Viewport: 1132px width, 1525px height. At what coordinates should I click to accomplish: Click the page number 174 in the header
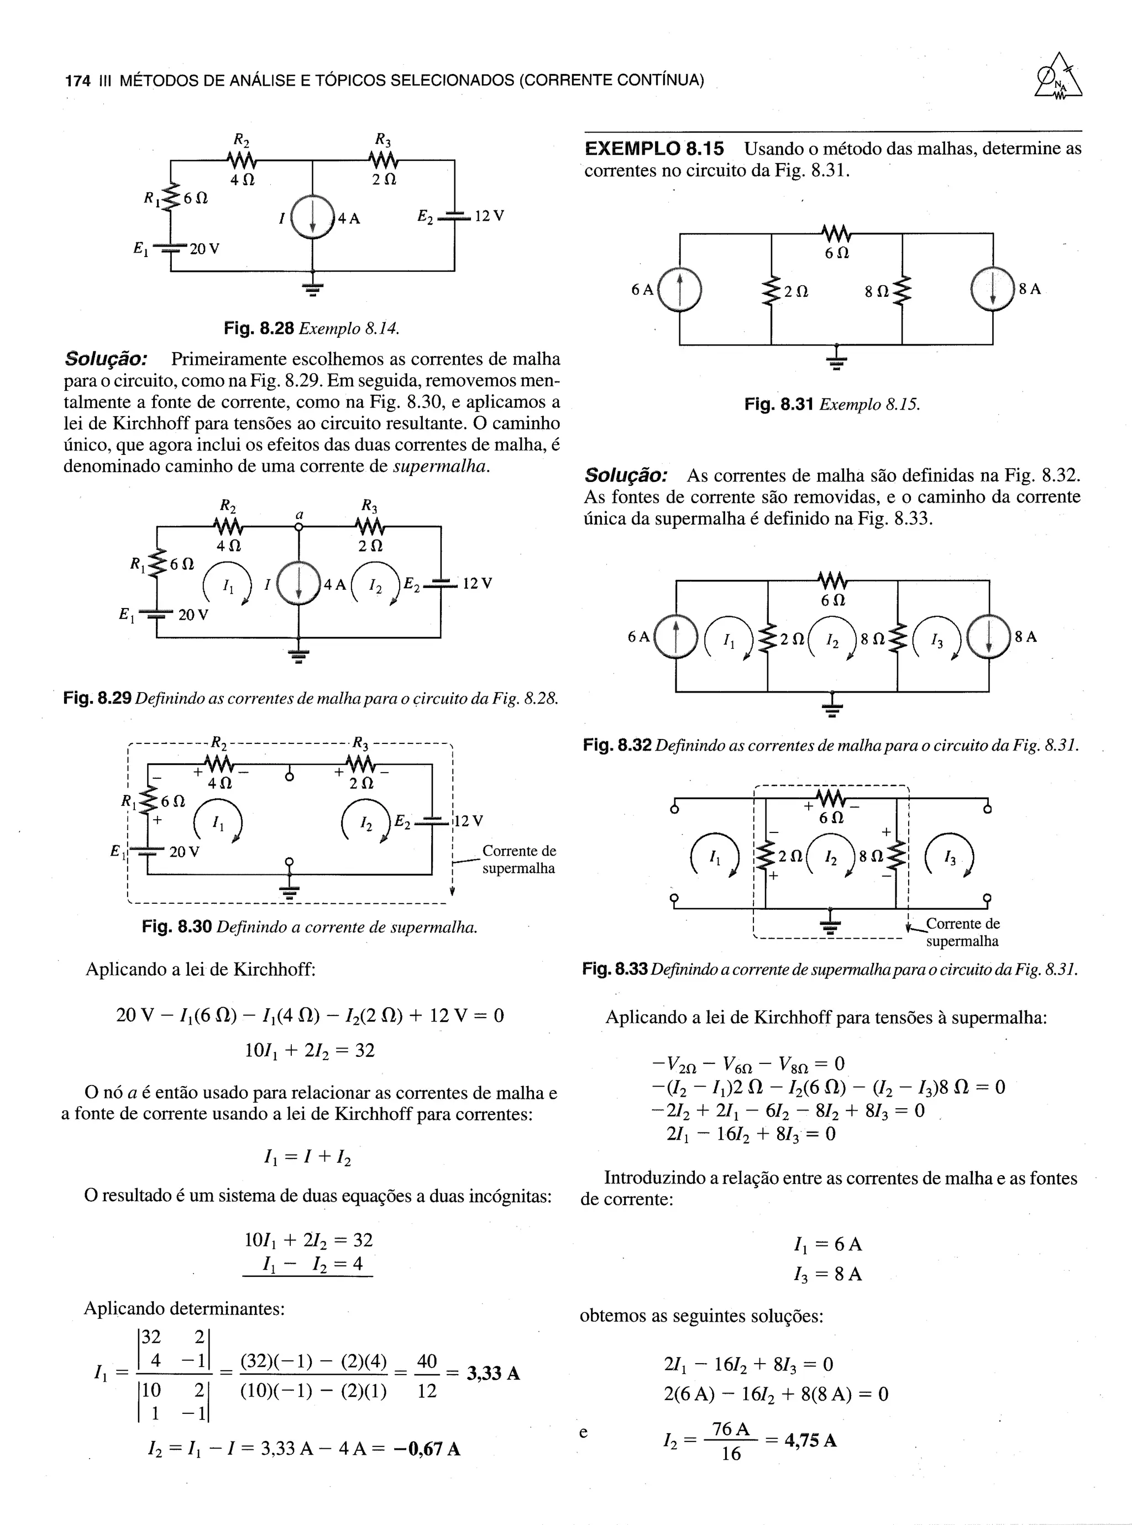pos(77,81)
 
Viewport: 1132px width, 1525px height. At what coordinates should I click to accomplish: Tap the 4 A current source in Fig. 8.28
pos(312,217)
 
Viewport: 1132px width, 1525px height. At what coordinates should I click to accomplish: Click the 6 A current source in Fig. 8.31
pos(680,289)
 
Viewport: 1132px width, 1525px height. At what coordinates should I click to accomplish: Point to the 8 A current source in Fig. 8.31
pos(992,289)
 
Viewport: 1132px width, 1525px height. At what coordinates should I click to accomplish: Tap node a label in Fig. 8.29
pos(299,515)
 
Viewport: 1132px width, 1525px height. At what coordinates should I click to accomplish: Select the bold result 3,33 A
pos(492,1374)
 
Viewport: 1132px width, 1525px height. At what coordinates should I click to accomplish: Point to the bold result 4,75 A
pos(811,1439)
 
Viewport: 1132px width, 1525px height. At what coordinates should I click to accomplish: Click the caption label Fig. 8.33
pos(615,969)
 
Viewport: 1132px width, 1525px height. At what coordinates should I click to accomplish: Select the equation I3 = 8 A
pos(826,1274)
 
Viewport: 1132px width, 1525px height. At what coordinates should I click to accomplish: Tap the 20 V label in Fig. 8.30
pos(184,852)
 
